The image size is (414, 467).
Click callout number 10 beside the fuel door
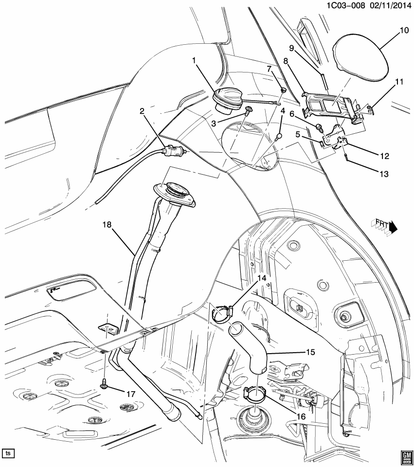pyautogui.click(x=404, y=30)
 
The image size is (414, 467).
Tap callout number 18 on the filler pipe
pyautogui.click(x=107, y=224)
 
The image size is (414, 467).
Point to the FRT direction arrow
pyautogui.click(x=386, y=224)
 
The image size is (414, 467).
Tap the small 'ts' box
pyautogui.click(x=8, y=453)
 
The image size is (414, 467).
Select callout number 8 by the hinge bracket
pyautogui.click(x=286, y=61)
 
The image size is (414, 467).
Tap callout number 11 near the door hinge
pyautogui.click(x=399, y=83)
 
